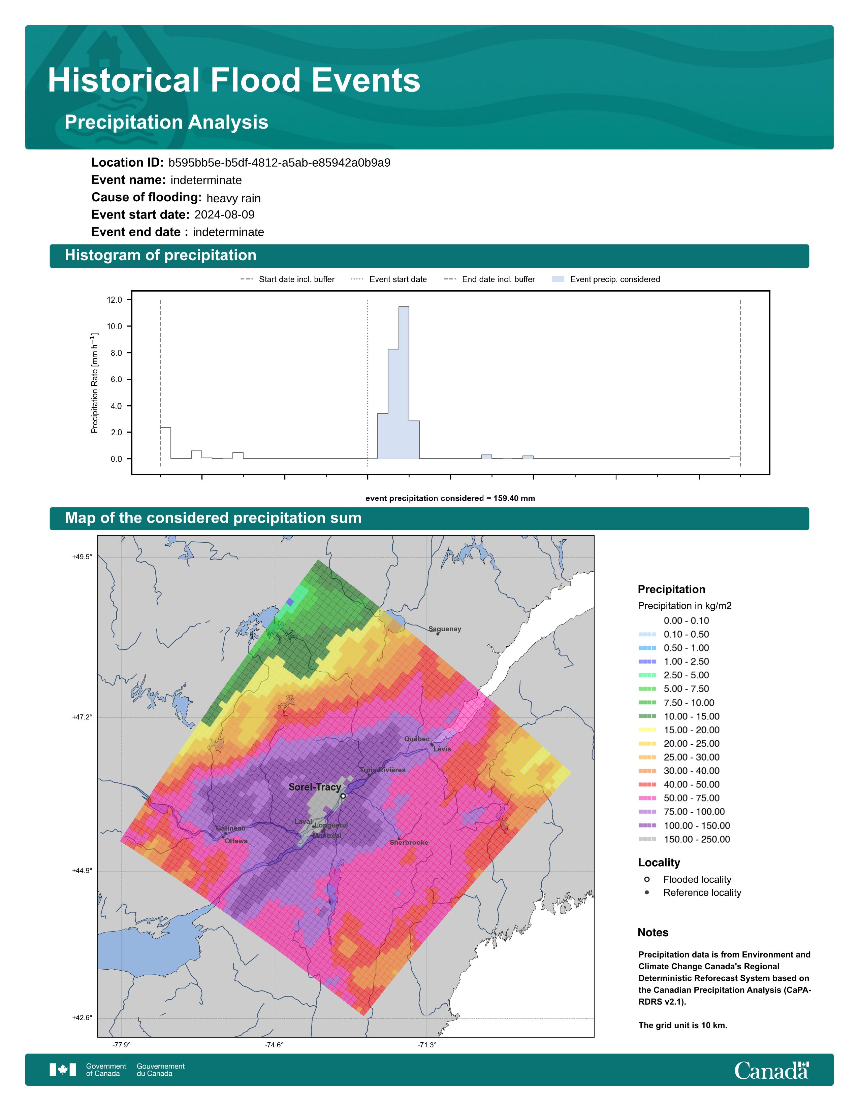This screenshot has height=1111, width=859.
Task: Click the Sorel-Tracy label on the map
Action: coord(315,787)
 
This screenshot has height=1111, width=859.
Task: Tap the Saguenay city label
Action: coord(445,629)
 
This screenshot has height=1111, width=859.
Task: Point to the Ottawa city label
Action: coord(236,841)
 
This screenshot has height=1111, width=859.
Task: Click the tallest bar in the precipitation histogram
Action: coord(404,382)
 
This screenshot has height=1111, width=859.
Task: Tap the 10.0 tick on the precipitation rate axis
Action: coord(115,327)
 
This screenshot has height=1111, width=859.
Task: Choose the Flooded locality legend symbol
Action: coord(647,879)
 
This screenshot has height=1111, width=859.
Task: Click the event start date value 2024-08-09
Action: coord(224,215)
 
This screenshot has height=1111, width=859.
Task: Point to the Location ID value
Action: coord(279,163)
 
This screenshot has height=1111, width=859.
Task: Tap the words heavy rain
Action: coord(233,198)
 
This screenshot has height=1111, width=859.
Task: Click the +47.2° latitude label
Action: coord(83,717)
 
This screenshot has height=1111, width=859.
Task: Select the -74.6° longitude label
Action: coord(274,1045)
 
